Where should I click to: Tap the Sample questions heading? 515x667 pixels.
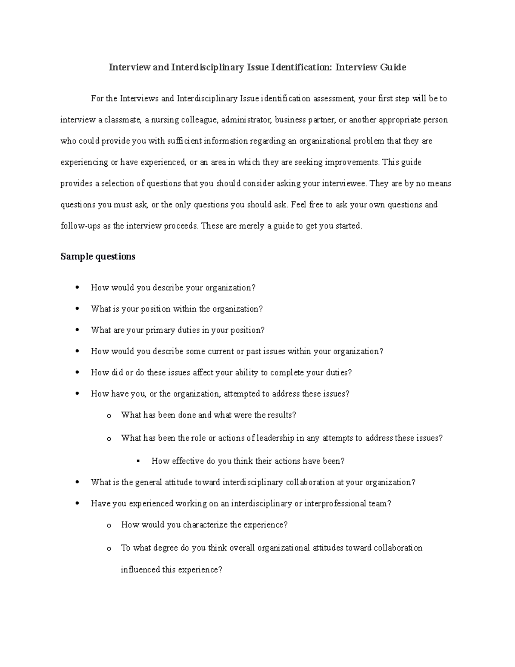98,256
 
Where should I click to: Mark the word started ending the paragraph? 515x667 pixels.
348,226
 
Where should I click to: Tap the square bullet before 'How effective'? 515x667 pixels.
138,461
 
